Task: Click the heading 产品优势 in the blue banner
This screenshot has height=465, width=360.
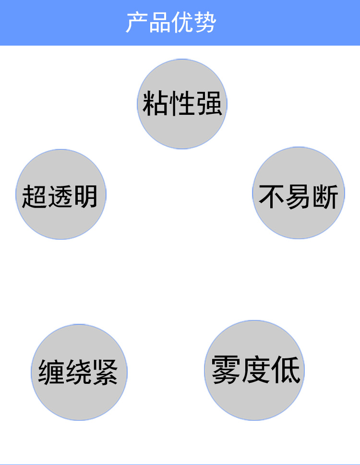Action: coord(171,23)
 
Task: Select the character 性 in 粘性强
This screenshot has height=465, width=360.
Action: coord(182,103)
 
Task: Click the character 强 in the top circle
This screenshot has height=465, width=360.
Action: coord(209,103)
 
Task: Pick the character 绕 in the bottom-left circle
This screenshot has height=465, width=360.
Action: coord(78,372)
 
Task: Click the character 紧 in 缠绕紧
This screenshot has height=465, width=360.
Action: coord(105,372)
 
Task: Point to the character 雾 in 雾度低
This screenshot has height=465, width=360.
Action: coord(226,370)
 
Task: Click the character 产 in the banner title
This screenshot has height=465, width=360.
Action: coord(137,23)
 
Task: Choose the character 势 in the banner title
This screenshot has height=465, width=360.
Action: coord(205,23)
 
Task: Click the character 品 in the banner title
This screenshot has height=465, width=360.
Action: coord(159,23)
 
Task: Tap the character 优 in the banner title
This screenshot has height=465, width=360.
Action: coord(182,23)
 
